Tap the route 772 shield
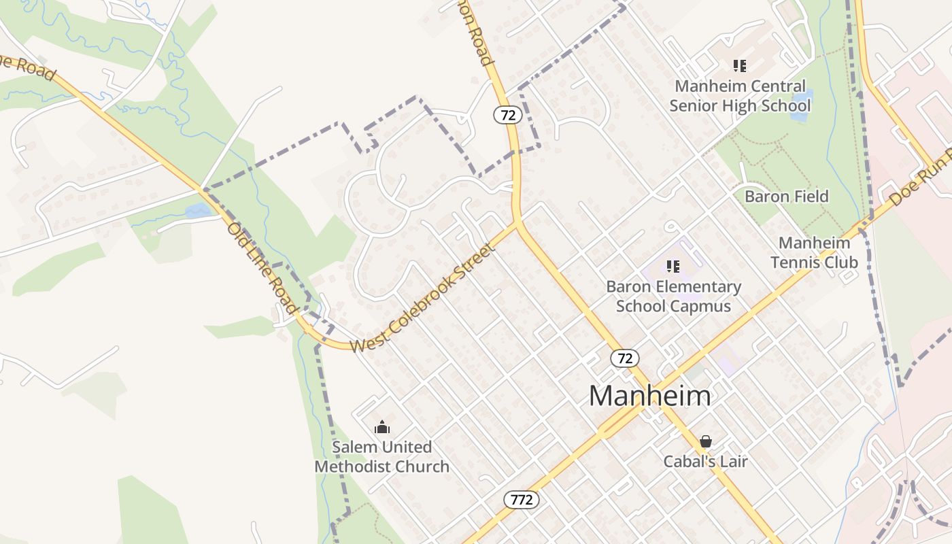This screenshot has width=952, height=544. (x=522, y=500)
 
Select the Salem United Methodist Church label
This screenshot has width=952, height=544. (x=381, y=457)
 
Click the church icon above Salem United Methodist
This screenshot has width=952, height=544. (x=382, y=427)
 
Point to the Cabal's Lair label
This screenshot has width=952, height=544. (x=706, y=462)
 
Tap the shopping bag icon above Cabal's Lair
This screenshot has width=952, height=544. (x=706, y=441)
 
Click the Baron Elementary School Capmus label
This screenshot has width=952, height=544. (x=673, y=296)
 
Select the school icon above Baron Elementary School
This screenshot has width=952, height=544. (x=673, y=266)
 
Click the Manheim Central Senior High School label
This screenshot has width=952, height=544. (x=740, y=96)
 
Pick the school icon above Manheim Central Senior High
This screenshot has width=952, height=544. (x=740, y=66)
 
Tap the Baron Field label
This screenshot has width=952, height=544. (x=787, y=197)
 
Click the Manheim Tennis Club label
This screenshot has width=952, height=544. (x=814, y=252)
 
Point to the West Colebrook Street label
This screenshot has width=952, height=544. (x=422, y=299)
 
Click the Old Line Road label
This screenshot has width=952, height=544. (x=262, y=267)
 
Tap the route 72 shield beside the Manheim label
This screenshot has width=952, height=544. (x=624, y=358)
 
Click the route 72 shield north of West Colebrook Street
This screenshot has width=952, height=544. (x=508, y=115)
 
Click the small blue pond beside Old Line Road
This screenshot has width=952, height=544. (x=198, y=211)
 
